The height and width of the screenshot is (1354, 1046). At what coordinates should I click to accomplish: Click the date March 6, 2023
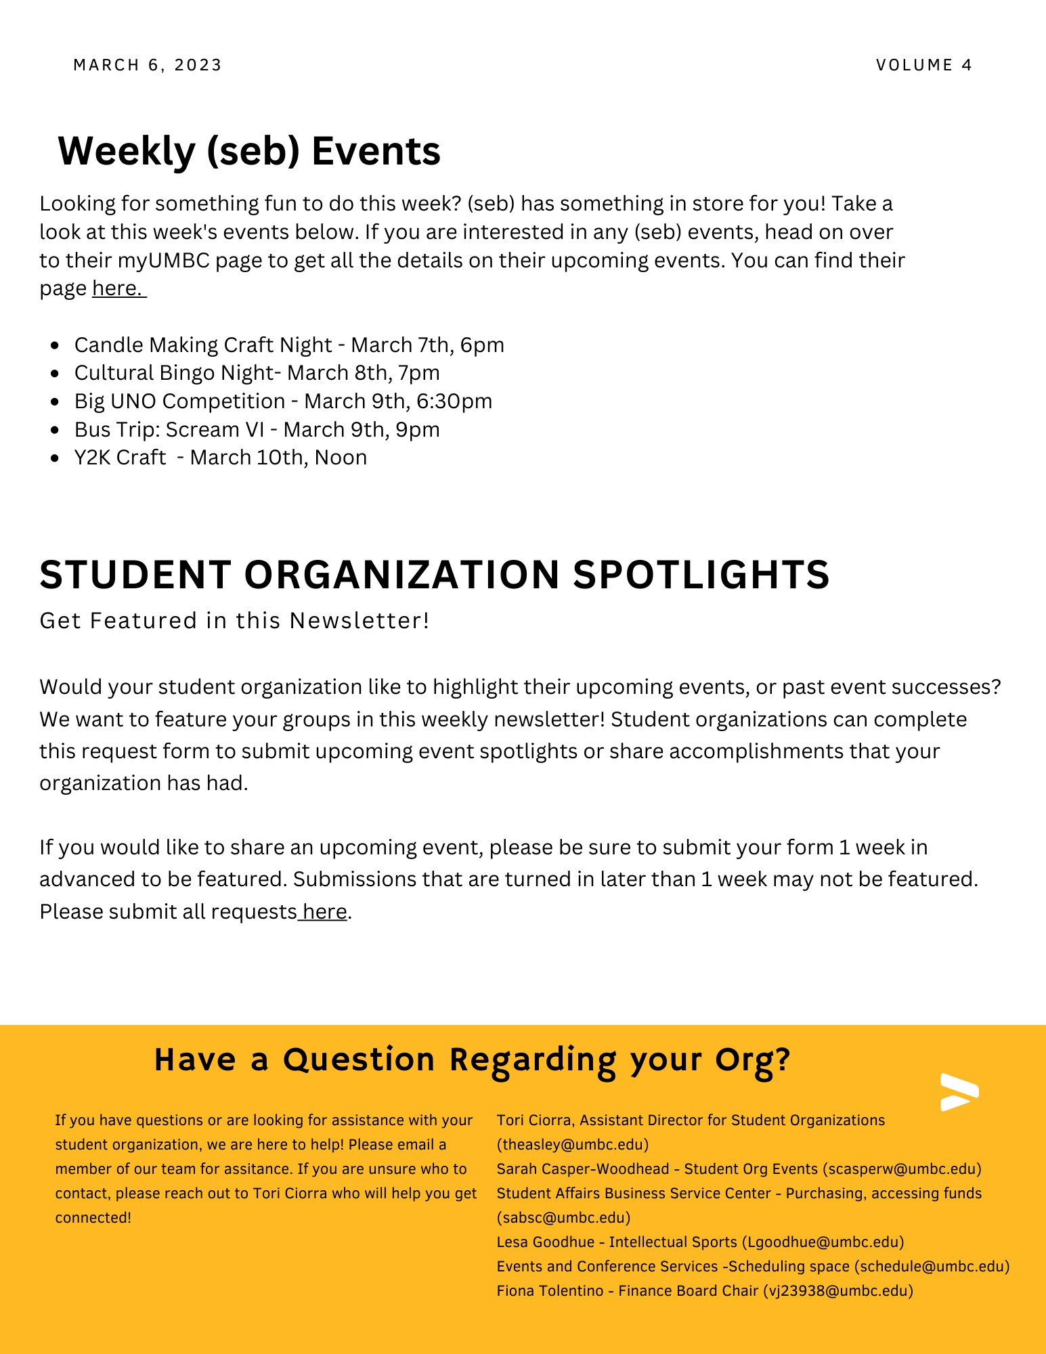(x=148, y=65)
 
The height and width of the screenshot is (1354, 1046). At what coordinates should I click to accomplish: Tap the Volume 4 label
(x=924, y=65)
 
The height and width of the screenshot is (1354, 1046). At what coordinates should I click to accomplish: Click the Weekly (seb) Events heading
(x=249, y=150)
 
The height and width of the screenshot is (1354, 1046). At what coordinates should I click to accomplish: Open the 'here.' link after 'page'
(x=118, y=288)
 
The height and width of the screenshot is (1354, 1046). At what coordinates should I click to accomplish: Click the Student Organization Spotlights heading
(x=434, y=575)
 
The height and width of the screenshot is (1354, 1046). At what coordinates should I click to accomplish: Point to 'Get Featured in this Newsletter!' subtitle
(x=234, y=621)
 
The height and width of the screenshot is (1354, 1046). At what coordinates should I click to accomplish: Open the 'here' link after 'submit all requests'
(x=325, y=912)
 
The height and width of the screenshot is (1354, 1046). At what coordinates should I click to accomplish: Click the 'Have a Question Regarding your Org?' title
(x=472, y=1060)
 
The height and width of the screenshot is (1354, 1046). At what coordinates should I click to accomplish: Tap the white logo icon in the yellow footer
(x=959, y=1092)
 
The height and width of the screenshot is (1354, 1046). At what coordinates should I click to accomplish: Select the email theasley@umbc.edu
(x=573, y=1145)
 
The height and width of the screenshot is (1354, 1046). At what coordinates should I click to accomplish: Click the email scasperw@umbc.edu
(x=902, y=1169)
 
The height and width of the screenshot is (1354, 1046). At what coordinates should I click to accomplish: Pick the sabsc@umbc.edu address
(x=564, y=1218)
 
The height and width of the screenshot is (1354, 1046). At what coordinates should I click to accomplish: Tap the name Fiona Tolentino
(x=550, y=1291)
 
